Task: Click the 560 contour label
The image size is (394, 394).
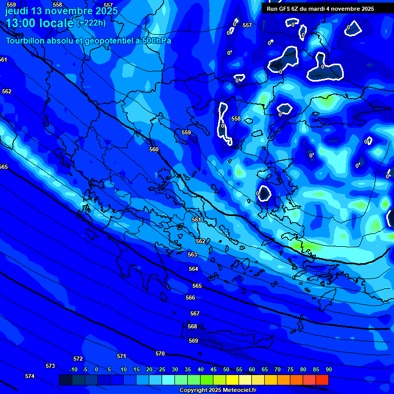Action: tap(154, 149)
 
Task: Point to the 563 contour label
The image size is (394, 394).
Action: tap(192, 254)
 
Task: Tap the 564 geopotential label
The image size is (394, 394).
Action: tap(193, 269)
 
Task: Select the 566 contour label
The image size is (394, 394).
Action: tap(190, 298)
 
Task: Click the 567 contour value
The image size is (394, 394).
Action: tap(194, 313)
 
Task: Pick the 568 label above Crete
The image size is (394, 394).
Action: tap(192, 326)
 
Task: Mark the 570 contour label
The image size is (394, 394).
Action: tap(160, 353)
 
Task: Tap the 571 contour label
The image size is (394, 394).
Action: tap(122, 356)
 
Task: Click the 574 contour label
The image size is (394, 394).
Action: tap(30, 376)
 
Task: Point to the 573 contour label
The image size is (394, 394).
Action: tap(50, 366)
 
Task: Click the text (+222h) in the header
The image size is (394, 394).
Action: tap(91, 23)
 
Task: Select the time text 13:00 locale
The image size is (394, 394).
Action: tap(40, 23)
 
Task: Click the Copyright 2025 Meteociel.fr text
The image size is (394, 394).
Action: tap(218, 390)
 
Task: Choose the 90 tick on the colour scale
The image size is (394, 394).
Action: tap(328, 369)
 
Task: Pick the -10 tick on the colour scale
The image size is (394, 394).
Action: tap(73, 369)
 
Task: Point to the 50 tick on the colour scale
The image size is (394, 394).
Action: tap(226, 369)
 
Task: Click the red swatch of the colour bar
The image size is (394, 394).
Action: tap(322, 380)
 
